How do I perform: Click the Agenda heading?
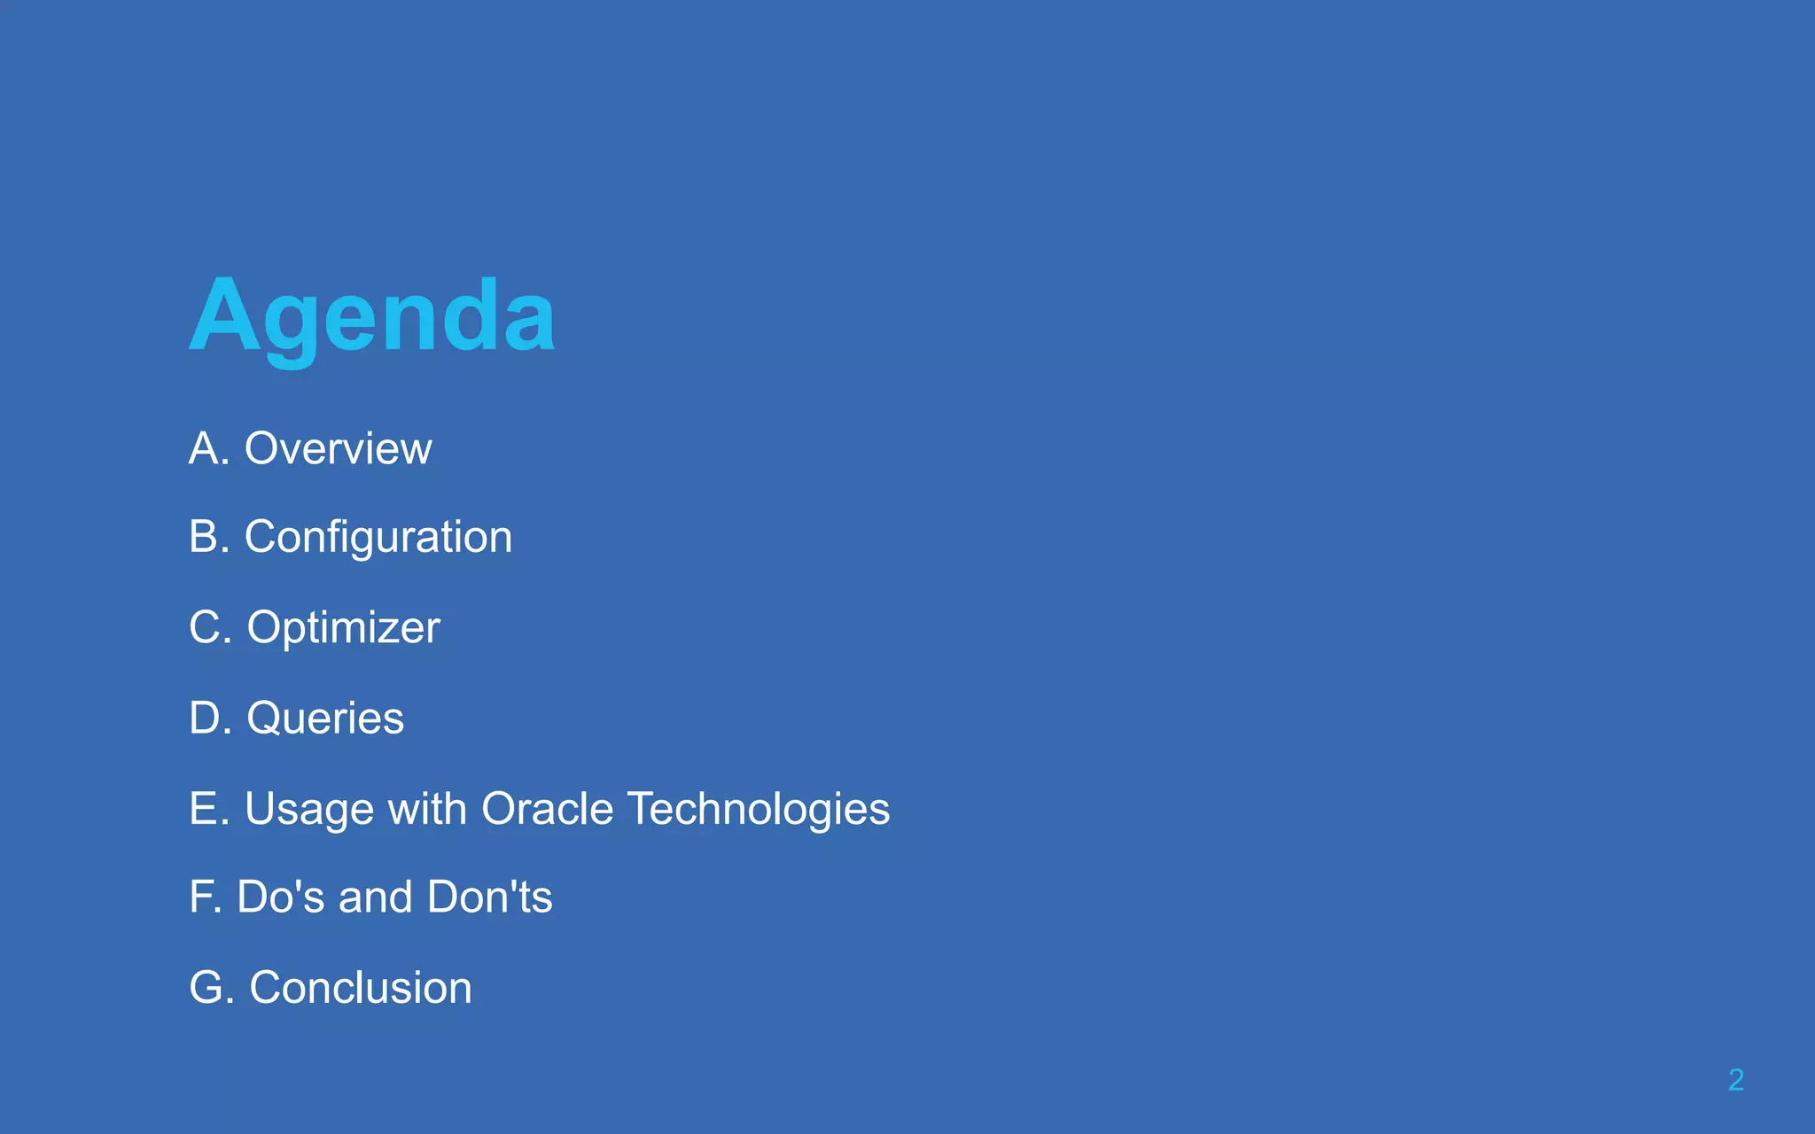372,317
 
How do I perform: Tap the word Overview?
339,448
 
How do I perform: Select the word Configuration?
378,537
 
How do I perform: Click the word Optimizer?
343,627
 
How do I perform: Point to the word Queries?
325,718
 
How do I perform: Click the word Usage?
309,809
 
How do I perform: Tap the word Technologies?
759,809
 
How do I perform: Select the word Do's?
281,897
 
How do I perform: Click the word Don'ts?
490,897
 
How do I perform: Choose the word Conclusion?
361,987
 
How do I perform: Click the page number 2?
1736,1079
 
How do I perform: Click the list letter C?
206,627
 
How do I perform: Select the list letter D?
206,718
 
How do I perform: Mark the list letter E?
204,809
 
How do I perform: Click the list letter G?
206,987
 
